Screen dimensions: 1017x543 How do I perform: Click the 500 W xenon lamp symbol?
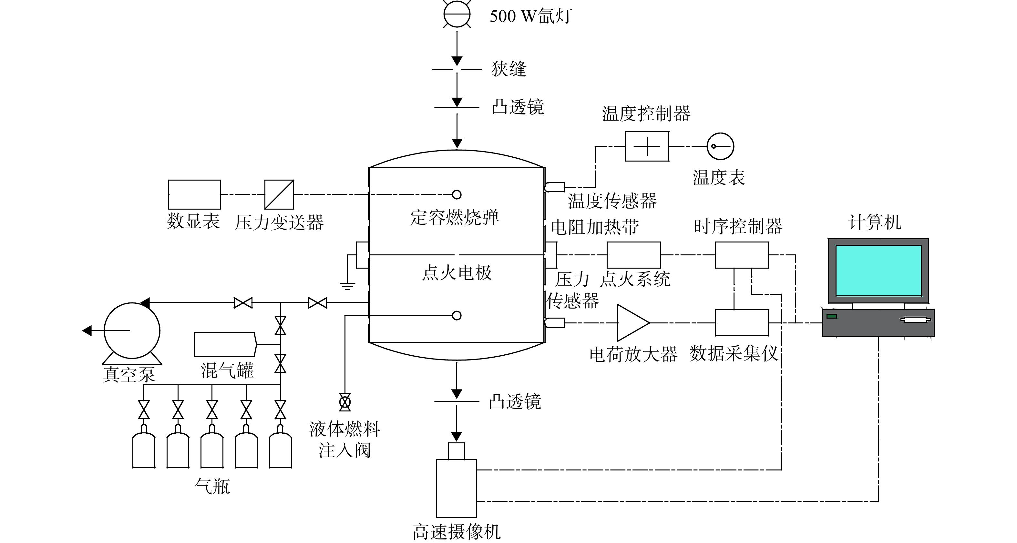(457, 14)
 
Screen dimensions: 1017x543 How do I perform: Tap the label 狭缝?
(508, 69)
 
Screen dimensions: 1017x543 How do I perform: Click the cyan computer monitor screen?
(878, 270)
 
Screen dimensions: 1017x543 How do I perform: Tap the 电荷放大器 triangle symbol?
(633, 322)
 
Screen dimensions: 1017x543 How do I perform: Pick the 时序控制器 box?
(742, 255)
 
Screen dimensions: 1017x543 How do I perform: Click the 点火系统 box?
(634, 255)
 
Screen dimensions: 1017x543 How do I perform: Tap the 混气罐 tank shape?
(225, 345)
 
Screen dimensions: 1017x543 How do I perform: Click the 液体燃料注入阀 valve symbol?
(345, 402)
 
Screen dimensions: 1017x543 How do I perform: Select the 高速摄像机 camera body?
(457, 488)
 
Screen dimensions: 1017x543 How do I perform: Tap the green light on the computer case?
(832, 316)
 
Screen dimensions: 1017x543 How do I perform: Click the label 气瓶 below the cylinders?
(213, 486)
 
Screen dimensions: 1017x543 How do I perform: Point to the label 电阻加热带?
(595, 227)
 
